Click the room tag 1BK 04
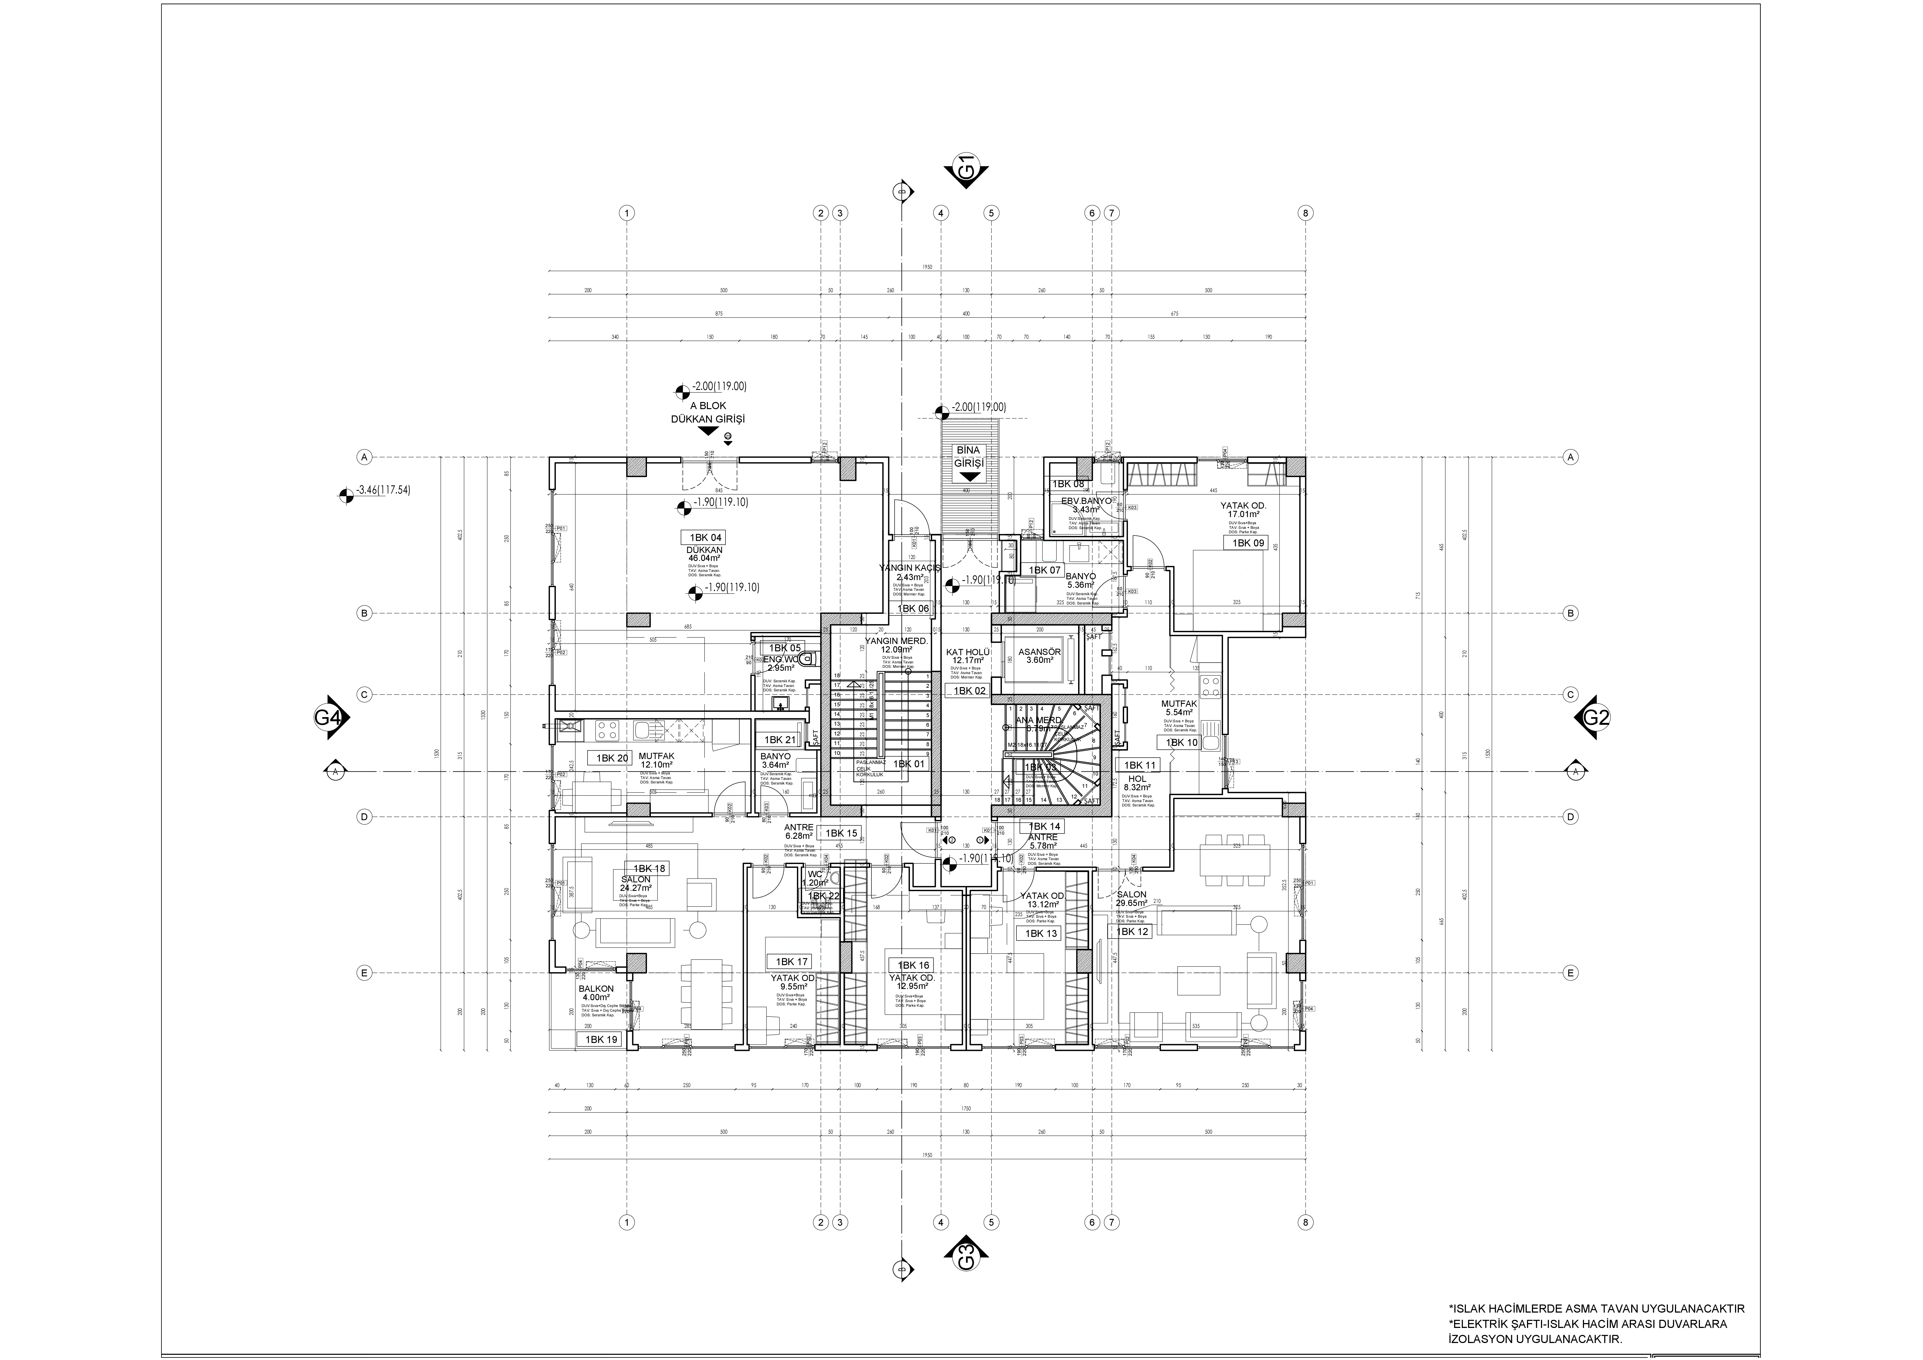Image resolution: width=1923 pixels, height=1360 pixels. pyautogui.click(x=705, y=538)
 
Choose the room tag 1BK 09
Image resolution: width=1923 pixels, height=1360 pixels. pyautogui.click(x=1247, y=543)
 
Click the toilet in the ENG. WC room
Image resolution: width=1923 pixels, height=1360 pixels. pyautogui.click(x=805, y=660)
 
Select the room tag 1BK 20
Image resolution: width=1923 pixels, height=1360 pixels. pyautogui.click(x=612, y=758)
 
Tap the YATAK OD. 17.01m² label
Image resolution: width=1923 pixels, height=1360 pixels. pyautogui.click(x=1243, y=511)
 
